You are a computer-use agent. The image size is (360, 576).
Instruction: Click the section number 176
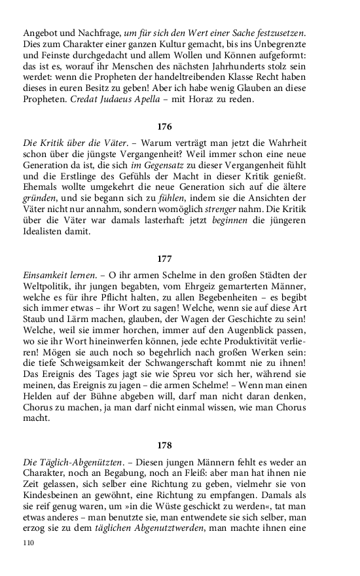[164, 125]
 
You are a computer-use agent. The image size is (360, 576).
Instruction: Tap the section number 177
[164, 259]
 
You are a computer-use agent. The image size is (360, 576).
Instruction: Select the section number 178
[164, 446]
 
